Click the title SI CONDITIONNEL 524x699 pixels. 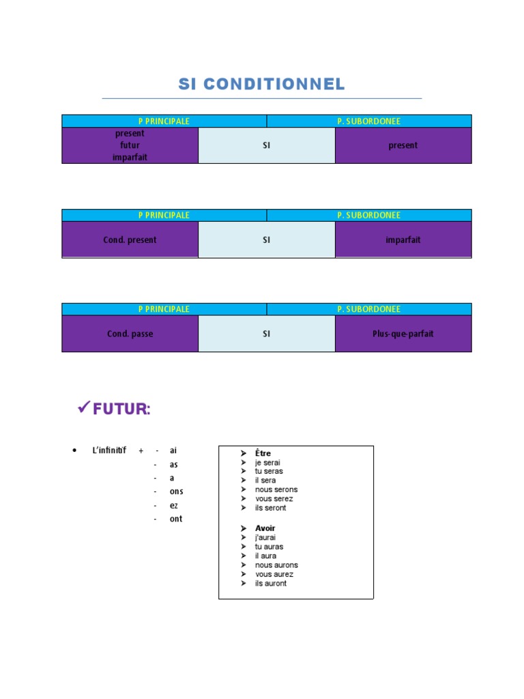[x=261, y=85]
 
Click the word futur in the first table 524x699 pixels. [x=130, y=145]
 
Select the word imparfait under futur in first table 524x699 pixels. [x=130, y=157]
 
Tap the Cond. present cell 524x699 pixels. [x=130, y=240]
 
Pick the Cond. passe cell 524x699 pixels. [x=130, y=334]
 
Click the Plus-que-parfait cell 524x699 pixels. [x=403, y=334]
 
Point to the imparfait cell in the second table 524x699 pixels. [x=403, y=240]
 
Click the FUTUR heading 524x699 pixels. [x=121, y=410]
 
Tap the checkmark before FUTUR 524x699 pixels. [x=84, y=408]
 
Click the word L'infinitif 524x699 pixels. [x=109, y=451]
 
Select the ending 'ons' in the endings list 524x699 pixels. [x=176, y=491]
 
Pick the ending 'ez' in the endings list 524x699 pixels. [x=174, y=505]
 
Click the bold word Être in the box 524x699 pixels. [x=263, y=453]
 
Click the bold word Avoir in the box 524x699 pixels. [x=265, y=528]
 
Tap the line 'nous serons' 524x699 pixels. [x=276, y=489]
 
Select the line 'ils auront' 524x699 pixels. [x=270, y=583]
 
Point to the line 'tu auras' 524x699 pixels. [x=269, y=547]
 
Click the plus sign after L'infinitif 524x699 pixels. [x=141, y=451]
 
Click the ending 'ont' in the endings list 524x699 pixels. [x=176, y=519]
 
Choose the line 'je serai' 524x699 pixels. [x=267, y=462]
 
